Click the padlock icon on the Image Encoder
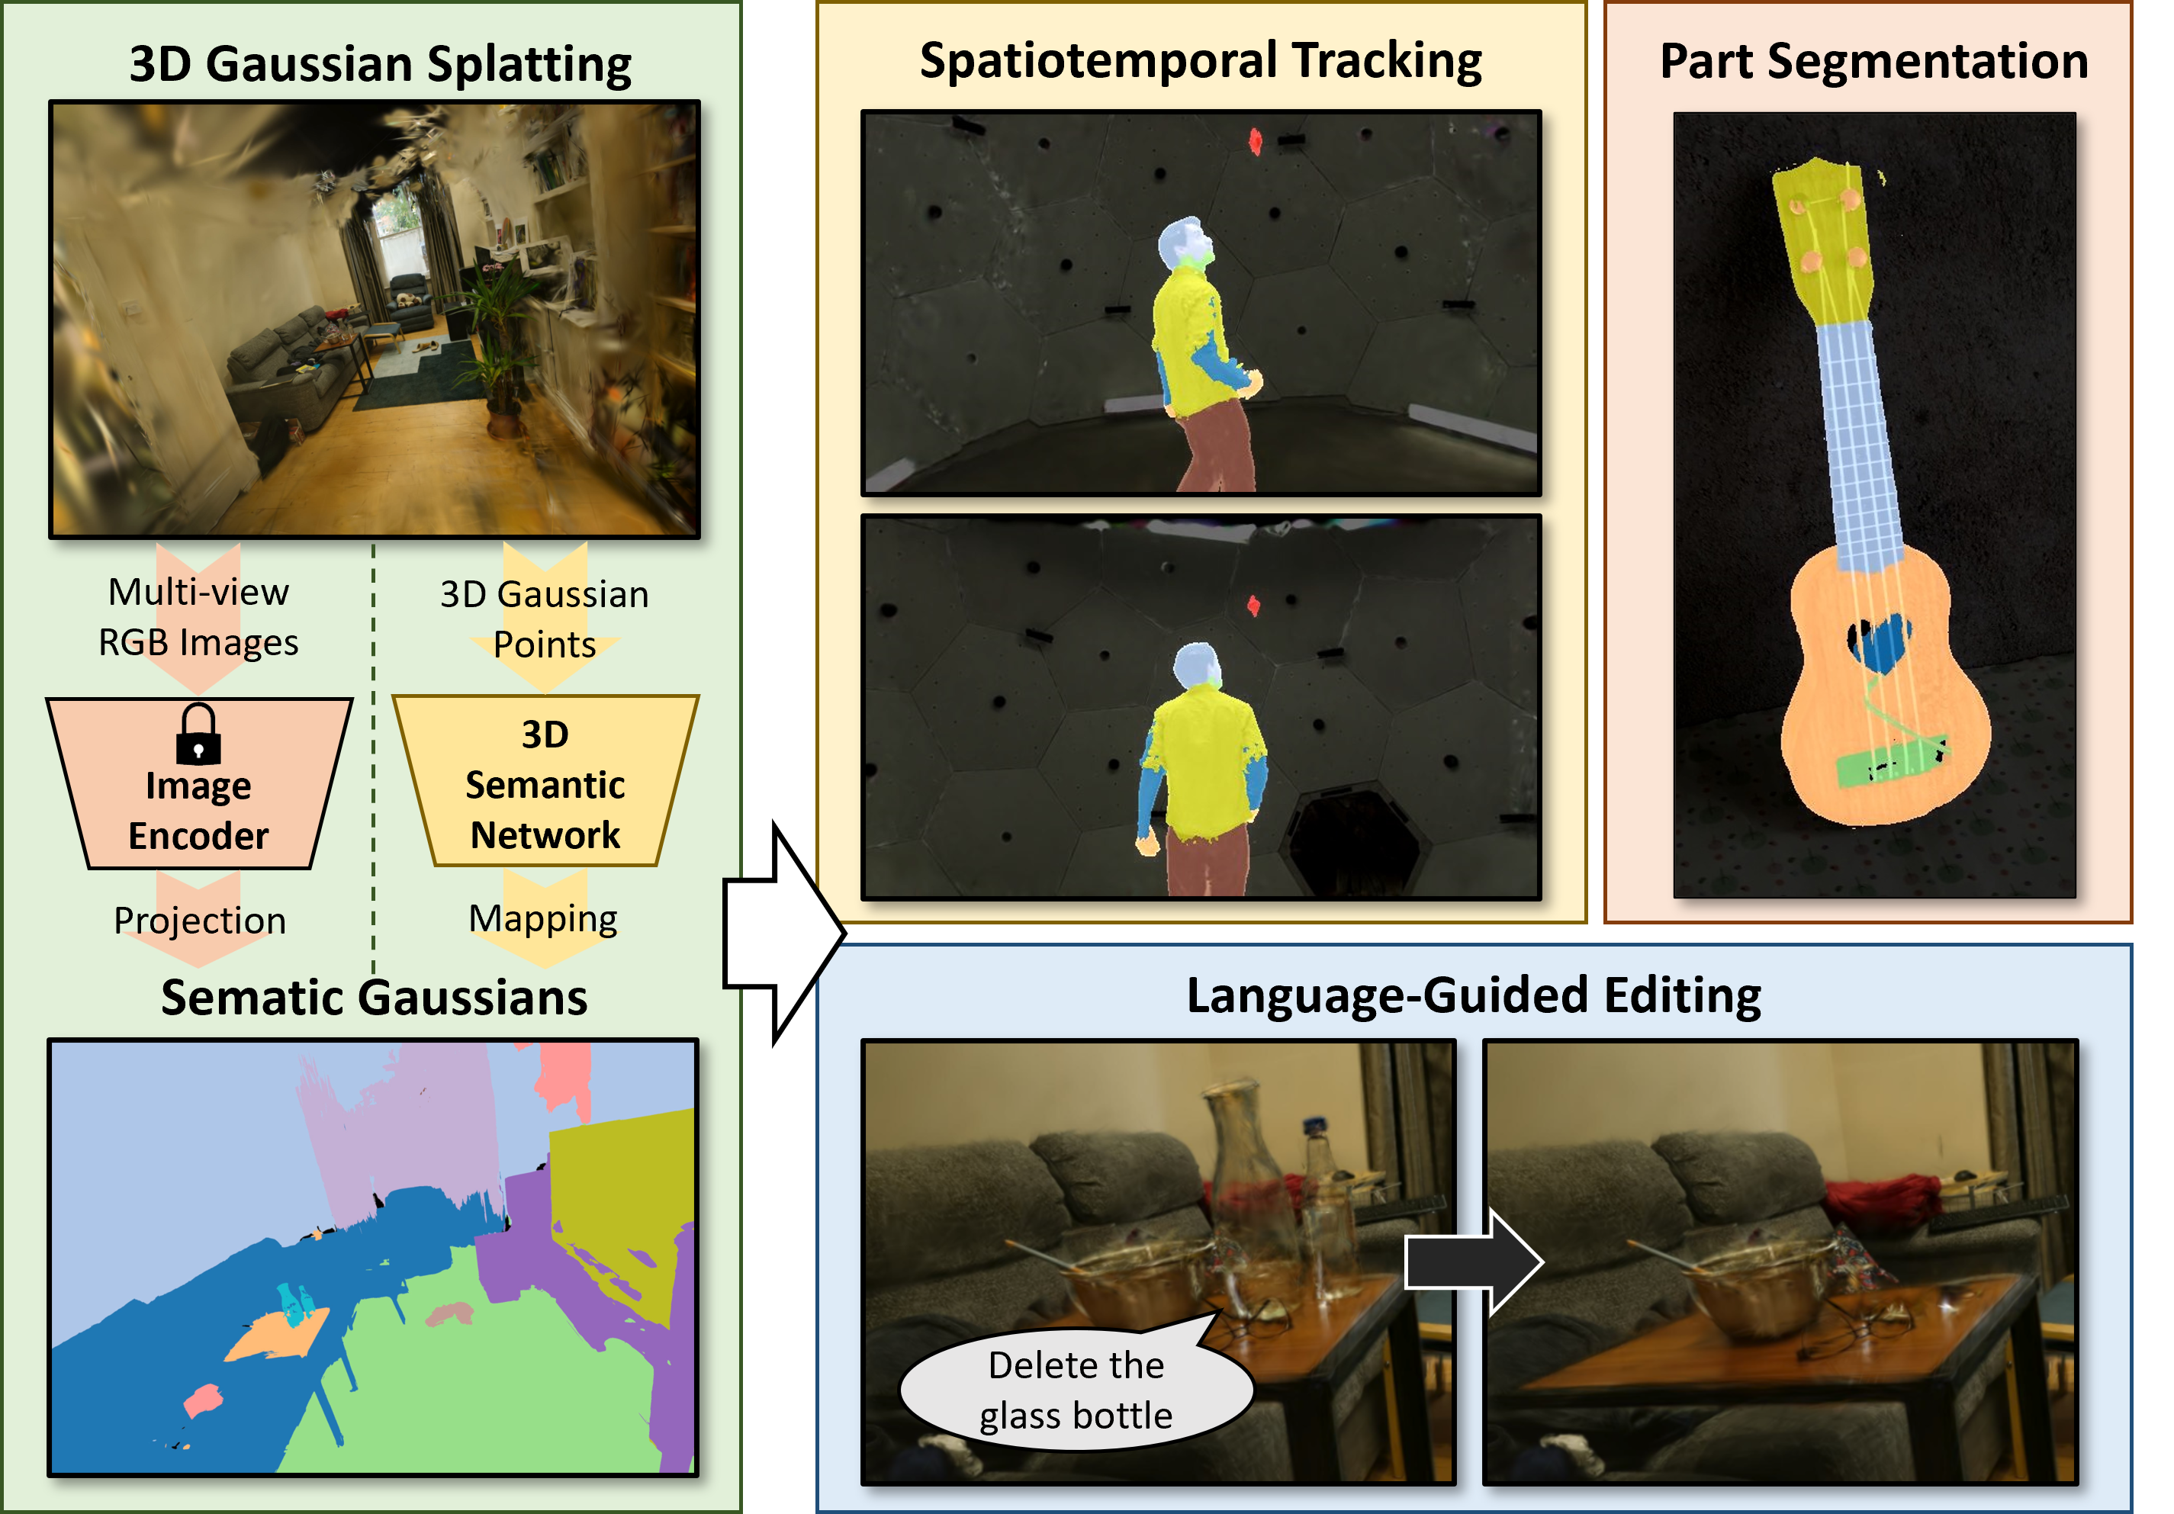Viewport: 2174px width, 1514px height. (198, 734)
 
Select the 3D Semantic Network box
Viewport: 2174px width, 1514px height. (545, 784)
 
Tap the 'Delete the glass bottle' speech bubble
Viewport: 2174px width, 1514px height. (1076, 1390)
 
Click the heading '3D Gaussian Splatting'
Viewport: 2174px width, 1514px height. (380, 64)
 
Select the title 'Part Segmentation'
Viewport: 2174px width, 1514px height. (1874, 62)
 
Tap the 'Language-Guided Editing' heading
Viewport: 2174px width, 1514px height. (1473, 995)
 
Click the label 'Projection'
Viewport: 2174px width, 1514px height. (200, 921)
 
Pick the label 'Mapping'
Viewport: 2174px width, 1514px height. (543, 918)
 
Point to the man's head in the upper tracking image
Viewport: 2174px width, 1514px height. (1182, 243)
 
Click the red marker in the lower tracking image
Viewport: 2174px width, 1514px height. (1253, 605)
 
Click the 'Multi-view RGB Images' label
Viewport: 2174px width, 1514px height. (199, 616)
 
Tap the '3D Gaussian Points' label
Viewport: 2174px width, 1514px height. (545, 619)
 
